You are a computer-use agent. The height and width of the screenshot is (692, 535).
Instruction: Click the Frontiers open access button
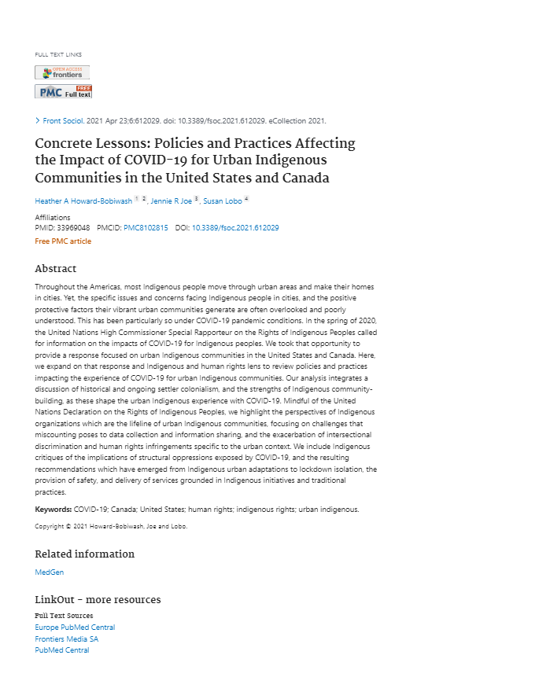62,72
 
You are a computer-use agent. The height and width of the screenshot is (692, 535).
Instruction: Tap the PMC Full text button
63,91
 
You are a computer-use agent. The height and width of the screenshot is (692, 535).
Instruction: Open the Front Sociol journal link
63,121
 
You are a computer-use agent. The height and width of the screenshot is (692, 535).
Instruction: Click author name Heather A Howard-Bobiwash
83,201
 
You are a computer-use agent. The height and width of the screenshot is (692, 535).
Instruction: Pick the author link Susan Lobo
222,201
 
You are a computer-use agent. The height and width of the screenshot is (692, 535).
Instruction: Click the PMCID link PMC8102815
146,228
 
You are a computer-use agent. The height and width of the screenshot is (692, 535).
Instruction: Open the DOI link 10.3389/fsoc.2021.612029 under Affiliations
235,228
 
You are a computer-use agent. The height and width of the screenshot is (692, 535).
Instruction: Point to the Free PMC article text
63,241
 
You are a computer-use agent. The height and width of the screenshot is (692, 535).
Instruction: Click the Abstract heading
56,269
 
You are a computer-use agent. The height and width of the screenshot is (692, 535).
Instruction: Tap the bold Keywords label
53,510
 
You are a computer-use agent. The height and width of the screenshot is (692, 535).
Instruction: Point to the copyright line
111,526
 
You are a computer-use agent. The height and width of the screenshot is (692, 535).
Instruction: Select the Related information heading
84,554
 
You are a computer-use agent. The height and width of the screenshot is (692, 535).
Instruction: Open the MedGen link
50,572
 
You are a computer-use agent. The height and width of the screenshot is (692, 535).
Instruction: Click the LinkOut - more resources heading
98,600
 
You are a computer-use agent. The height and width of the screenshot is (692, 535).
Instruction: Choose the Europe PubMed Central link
75,628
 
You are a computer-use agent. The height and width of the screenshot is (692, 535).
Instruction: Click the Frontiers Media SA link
67,639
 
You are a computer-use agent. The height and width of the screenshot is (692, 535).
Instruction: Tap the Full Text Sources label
64,616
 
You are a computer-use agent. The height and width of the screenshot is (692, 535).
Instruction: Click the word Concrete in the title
64,144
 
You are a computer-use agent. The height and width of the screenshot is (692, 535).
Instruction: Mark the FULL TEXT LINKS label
58,54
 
